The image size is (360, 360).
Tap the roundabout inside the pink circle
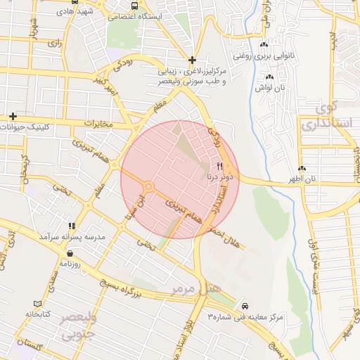point(149,186)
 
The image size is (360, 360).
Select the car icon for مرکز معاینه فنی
point(245,307)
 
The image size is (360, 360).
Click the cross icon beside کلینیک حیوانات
point(13,115)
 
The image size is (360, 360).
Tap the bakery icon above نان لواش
point(269,77)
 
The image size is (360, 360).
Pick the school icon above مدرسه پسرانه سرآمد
point(72,226)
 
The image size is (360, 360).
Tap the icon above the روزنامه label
point(71,252)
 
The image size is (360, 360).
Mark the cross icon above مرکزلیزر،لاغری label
point(192,60)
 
